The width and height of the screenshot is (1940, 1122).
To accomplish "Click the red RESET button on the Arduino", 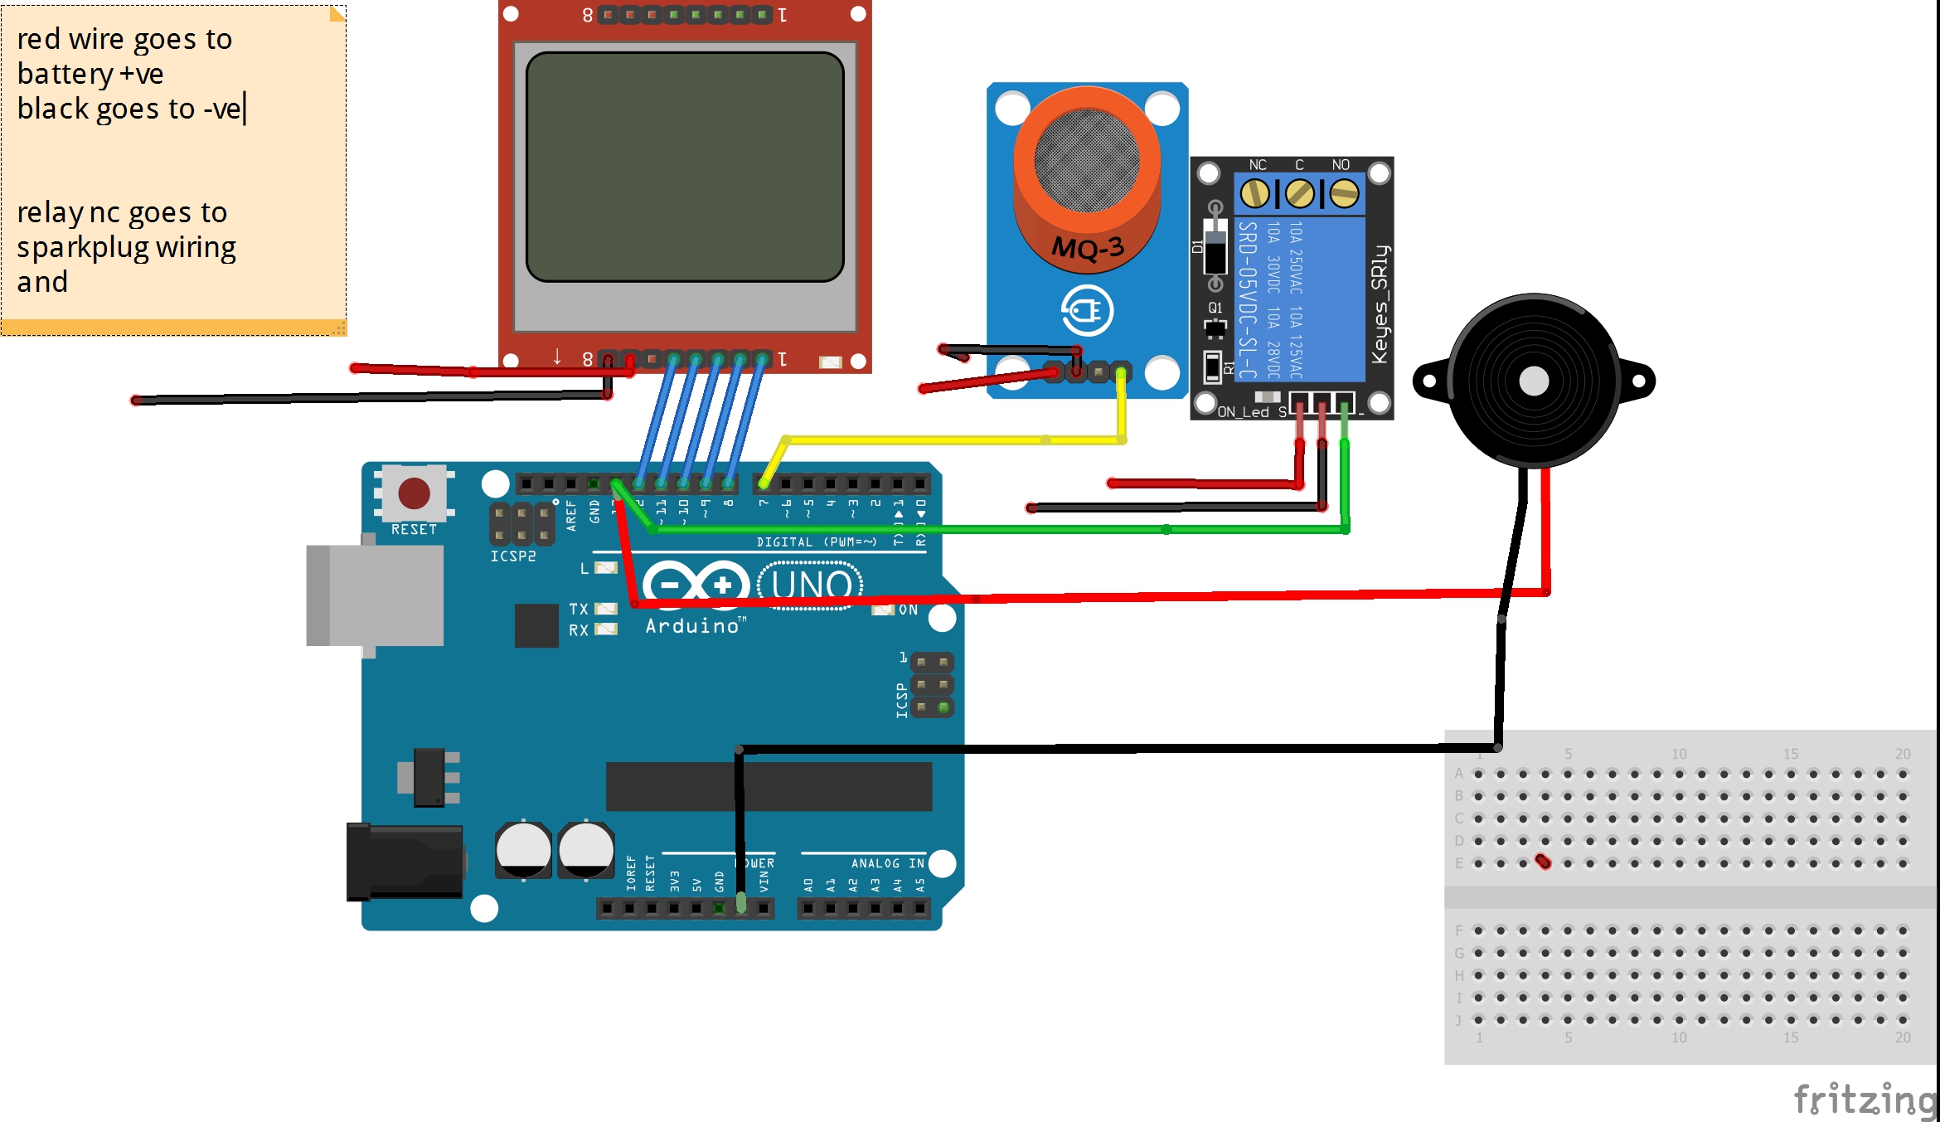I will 414,493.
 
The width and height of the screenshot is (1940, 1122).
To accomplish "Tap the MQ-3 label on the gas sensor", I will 1088,248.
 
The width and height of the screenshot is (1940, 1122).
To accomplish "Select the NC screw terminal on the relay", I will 1255,194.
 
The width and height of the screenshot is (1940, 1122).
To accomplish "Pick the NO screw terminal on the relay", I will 1344,194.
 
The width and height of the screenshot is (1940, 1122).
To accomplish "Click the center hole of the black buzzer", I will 1534,381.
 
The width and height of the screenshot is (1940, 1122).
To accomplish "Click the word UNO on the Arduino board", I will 811,585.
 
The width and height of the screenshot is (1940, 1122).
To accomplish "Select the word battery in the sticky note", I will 65,75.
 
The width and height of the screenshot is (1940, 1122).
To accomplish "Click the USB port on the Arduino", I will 375,595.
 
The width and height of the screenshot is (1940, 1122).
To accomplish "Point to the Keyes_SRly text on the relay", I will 1379,304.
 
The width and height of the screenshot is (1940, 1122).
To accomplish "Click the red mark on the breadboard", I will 1543,862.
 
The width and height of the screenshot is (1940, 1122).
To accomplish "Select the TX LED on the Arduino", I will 606,609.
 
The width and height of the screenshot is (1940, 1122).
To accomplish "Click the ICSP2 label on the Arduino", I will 513,556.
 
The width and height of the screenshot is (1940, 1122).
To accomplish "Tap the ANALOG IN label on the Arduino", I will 887,863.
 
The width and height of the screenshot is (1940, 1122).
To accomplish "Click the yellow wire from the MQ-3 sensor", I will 953,440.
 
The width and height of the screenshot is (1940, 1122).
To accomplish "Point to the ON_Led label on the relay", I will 1243,412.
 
